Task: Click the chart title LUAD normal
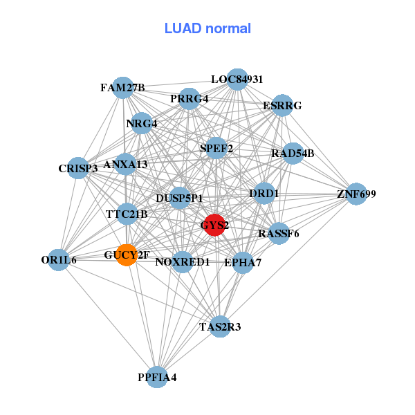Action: [207, 28]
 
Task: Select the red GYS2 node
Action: [214, 225]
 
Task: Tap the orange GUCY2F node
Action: [127, 255]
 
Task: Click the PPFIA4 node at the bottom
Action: [158, 377]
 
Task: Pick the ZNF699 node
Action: [356, 194]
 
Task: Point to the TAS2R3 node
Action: [220, 326]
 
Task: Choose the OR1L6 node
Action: [59, 260]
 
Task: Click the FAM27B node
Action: [122, 88]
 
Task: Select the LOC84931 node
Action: [237, 80]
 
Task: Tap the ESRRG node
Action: [282, 106]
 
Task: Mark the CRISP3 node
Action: [78, 168]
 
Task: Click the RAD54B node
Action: [293, 153]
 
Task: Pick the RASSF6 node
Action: [279, 234]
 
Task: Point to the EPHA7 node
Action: [242, 263]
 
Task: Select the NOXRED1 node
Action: [182, 262]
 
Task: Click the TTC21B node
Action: [127, 214]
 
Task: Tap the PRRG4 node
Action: [190, 99]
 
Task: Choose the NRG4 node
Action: [142, 124]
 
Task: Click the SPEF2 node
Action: [216, 148]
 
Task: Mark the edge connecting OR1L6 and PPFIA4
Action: [108, 318]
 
